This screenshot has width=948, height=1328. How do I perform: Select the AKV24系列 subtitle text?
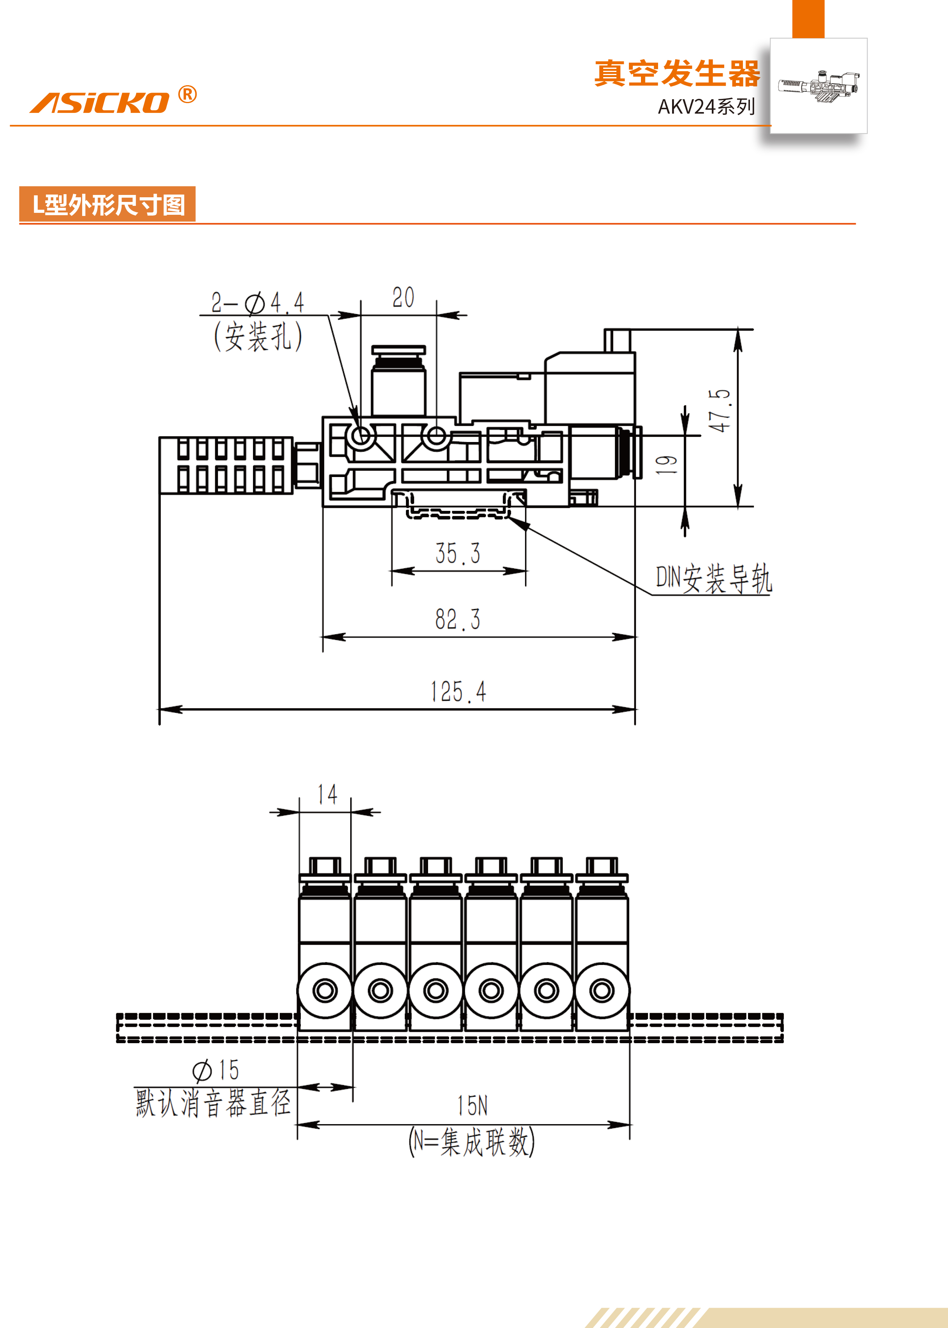tap(706, 107)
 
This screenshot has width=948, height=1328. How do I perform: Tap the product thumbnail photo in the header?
tap(818, 86)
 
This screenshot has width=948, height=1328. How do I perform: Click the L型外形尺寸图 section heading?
tap(108, 205)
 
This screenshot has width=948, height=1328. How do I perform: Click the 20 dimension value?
tap(403, 298)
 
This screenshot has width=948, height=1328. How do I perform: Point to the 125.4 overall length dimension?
tap(458, 692)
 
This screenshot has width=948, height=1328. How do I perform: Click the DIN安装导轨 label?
tap(713, 579)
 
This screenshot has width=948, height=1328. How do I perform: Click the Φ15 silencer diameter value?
tap(216, 1070)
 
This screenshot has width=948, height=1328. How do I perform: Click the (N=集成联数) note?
tap(472, 1142)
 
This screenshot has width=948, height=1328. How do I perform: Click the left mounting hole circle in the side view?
tap(361, 435)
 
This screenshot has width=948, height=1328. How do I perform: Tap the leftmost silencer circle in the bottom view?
tap(325, 990)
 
